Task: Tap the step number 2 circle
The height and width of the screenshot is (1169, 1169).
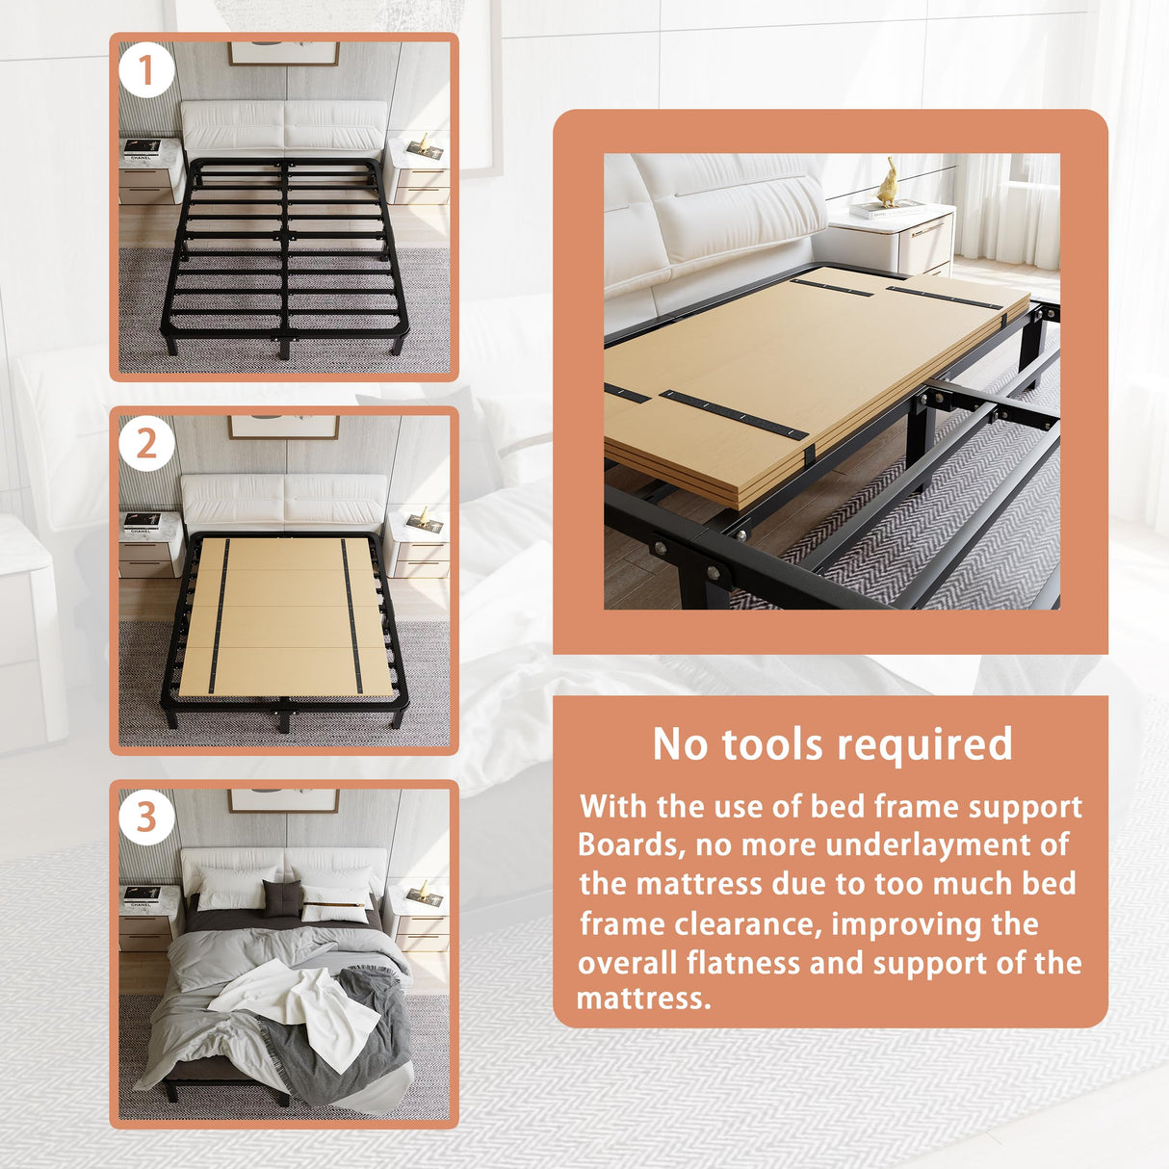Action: [x=146, y=444]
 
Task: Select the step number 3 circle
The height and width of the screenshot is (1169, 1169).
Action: [x=146, y=818]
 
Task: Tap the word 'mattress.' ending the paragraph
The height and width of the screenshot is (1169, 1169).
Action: [x=643, y=999]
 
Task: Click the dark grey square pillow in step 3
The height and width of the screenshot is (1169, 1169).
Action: [x=282, y=898]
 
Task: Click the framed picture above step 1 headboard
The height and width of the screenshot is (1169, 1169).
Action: [x=284, y=53]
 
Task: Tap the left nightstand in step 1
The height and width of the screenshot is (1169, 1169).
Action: [x=149, y=170]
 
